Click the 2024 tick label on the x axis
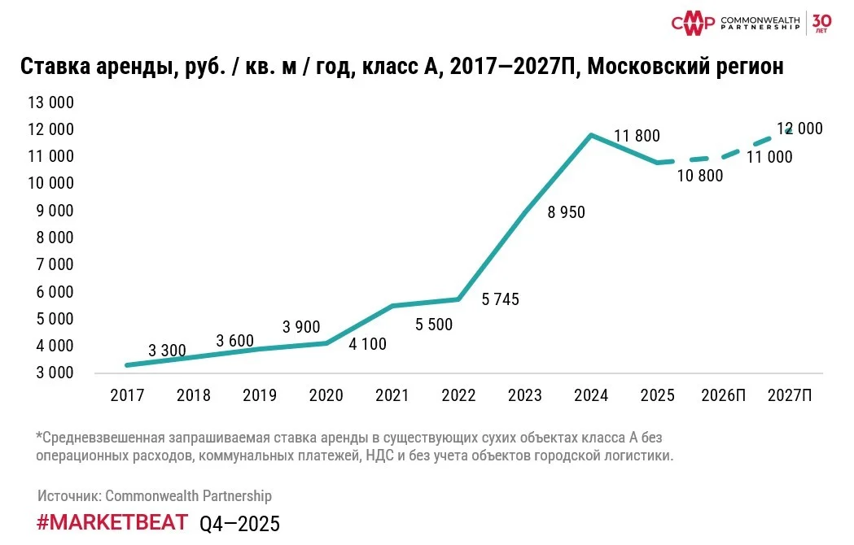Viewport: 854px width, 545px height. pos(591,395)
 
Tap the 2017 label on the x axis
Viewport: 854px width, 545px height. pos(127,395)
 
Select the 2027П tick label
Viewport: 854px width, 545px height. pos(790,395)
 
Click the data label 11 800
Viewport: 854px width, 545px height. pos(637,136)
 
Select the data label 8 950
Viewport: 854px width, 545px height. pos(566,212)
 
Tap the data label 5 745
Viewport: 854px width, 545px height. pos(500,299)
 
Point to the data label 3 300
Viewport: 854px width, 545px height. pos(167,351)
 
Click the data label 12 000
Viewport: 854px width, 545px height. pos(799,129)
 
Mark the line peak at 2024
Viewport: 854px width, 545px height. pos(591,134)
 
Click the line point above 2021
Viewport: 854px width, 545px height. pos(392,306)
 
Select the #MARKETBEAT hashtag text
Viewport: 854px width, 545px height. pos(112,522)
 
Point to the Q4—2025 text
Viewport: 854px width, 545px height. pos(239,524)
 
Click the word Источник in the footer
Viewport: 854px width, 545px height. pos(68,495)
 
